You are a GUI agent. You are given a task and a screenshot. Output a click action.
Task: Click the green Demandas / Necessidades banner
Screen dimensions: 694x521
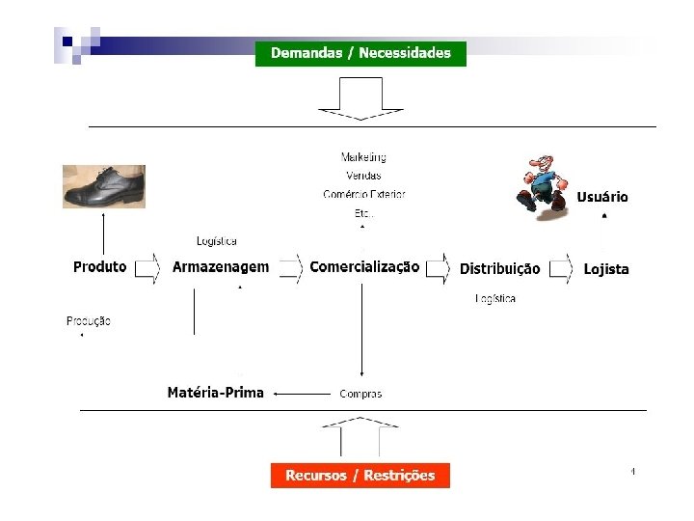(360, 53)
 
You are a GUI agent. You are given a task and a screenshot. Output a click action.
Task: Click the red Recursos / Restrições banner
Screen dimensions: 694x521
(360, 475)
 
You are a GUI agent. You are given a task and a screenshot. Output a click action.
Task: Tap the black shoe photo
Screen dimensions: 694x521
(104, 186)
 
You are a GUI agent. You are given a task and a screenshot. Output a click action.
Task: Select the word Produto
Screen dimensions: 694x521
(99, 266)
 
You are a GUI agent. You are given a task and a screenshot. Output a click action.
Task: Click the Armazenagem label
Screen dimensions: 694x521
(221, 266)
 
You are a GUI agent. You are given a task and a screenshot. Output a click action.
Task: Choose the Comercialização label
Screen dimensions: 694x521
(364, 266)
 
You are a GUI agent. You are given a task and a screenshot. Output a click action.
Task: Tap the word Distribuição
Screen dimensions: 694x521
(499, 268)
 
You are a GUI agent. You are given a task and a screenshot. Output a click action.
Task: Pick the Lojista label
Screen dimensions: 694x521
(606, 268)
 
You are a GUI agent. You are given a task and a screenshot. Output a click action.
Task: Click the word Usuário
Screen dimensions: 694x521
(602, 197)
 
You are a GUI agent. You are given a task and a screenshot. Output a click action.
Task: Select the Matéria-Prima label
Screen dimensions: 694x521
(215, 393)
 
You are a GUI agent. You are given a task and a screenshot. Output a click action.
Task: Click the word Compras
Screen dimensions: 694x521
(360, 394)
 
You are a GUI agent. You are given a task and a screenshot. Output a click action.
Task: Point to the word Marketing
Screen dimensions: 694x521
(363, 156)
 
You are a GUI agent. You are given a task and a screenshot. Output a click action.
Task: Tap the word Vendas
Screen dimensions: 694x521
(363, 176)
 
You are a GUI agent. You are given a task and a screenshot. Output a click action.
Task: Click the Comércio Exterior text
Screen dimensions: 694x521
(364, 194)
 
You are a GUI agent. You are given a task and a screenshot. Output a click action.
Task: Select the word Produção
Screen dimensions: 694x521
(89, 320)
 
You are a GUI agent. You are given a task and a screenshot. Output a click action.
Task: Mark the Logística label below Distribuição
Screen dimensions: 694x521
(495, 298)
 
